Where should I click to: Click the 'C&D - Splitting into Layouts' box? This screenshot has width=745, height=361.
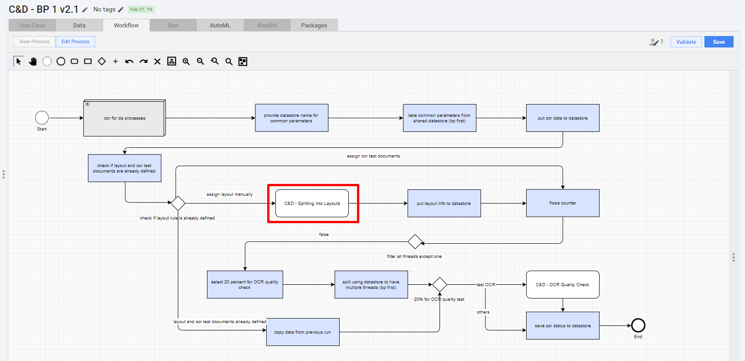click(312, 203)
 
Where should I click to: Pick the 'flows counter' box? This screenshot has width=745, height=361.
click(563, 203)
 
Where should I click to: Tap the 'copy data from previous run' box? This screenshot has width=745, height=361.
click(303, 332)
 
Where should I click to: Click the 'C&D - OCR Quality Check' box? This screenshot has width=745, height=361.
click(563, 284)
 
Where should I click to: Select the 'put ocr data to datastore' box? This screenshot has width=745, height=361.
click(563, 118)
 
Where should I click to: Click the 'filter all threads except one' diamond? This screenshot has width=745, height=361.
click(415, 241)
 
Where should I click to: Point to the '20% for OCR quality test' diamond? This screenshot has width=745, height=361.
click(440, 284)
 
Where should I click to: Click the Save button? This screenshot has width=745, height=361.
click(719, 42)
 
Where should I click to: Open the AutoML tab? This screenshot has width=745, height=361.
click(220, 25)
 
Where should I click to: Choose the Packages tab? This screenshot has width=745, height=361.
click(314, 25)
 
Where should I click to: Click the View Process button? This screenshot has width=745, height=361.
click(34, 42)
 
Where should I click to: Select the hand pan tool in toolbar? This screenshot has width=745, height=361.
click(32, 61)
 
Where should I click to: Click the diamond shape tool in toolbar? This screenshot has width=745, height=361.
click(102, 61)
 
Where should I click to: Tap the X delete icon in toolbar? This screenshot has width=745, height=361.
click(157, 61)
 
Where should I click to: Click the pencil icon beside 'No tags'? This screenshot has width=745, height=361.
click(121, 10)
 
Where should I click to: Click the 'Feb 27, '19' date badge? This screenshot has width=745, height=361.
click(141, 9)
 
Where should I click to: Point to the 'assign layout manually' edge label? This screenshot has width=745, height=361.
click(229, 194)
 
